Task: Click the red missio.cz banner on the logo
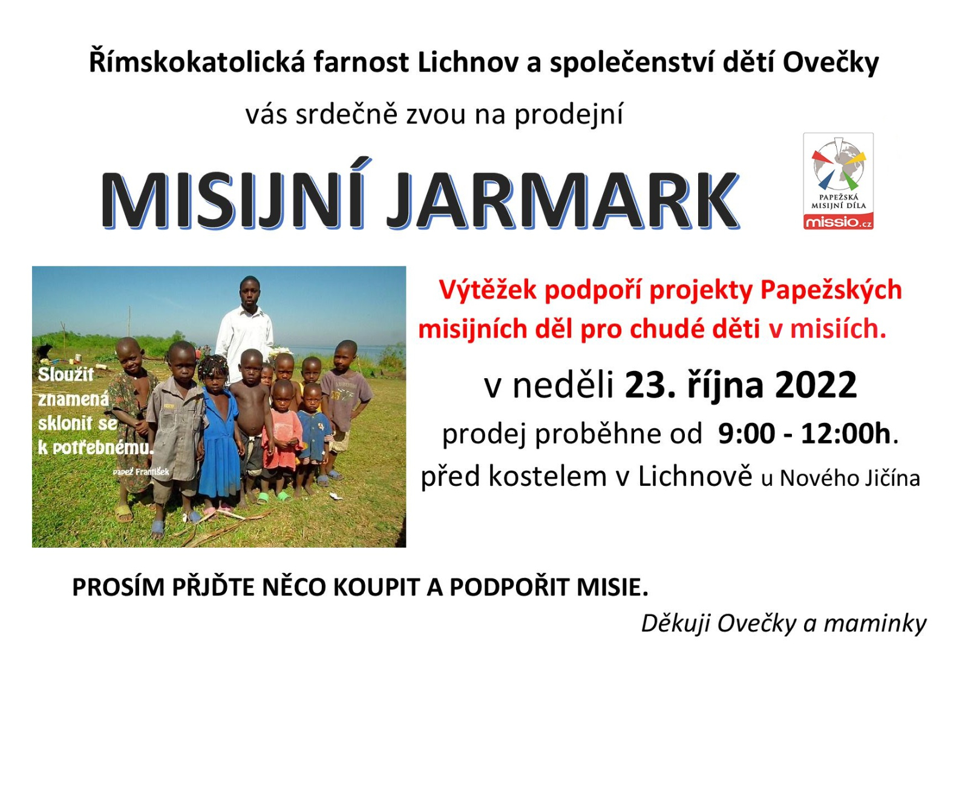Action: (x=838, y=222)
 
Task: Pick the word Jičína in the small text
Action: (x=892, y=478)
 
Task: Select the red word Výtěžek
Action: (x=488, y=290)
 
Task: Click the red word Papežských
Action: (x=831, y=290)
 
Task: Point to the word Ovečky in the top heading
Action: (x=830, y=63)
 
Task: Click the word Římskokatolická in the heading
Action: (x=196, y=62)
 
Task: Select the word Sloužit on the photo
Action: (x=66, y=374)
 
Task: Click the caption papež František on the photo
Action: (x=141, y=471)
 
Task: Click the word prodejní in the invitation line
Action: (x=568, y=114)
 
